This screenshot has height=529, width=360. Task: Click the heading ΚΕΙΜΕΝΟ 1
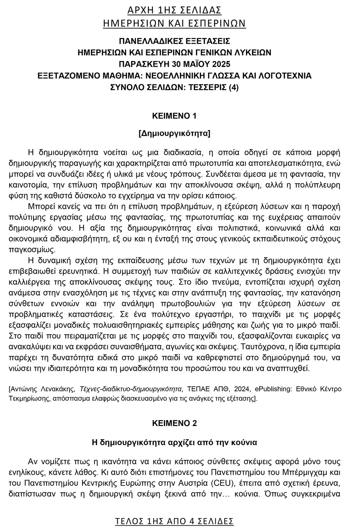pos(174,116)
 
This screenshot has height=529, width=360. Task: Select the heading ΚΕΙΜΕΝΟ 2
pos(174,423)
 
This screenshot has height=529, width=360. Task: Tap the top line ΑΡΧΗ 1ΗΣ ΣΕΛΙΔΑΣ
pos(174,10)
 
